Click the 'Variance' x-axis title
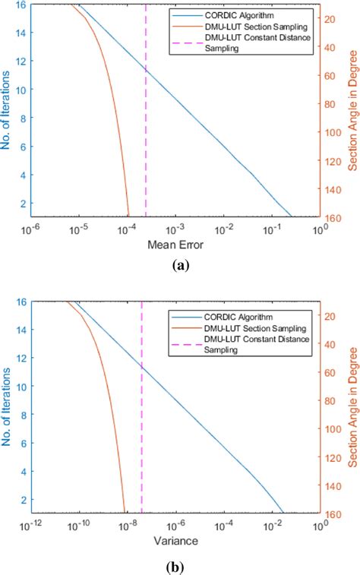click(176, 542)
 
